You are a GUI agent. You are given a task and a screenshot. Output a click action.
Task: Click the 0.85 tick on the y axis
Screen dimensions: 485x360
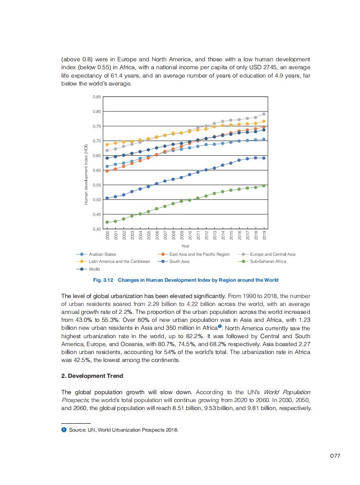point(97,97)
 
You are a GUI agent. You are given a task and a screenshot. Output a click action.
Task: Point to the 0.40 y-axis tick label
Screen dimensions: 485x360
point(97,229)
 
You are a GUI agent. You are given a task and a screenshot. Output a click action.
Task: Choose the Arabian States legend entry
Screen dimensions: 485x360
point(102,254)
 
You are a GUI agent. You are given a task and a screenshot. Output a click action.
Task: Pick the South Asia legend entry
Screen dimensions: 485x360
point(179,261)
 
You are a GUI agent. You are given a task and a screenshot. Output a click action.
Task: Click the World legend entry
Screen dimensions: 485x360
point(94,269)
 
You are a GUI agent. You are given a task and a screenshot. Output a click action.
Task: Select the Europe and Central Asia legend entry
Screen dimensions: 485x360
point(272,254)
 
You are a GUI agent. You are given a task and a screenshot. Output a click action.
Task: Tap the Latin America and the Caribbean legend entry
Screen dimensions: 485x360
point(119,261)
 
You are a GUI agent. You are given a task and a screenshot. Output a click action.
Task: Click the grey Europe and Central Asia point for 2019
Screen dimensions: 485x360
point(264,114)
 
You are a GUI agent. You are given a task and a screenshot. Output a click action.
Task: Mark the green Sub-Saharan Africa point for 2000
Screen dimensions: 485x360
point(107,222)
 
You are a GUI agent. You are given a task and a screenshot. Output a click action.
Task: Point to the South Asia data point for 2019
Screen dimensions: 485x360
point(264,158)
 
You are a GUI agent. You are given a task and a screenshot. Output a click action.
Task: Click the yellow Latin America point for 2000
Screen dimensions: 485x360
point(107,145)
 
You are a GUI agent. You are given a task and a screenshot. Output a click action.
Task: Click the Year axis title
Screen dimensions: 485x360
point(185,246)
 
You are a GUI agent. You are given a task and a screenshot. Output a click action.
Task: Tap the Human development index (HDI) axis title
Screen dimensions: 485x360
point(86,174)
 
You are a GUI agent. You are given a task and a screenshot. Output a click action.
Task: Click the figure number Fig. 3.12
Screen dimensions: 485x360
point(105,280)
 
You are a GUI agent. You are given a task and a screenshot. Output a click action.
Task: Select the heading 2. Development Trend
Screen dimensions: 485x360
point(92,376)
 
